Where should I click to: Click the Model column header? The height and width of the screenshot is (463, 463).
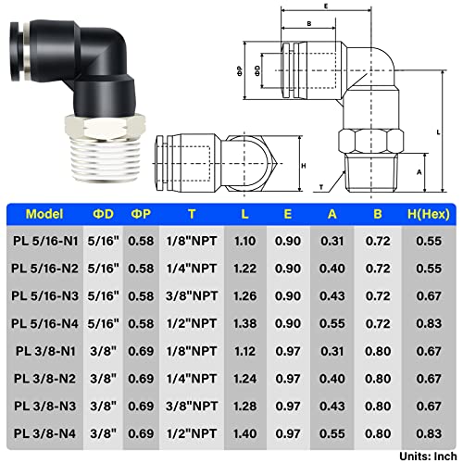pyautogui.click(x=44, y=214)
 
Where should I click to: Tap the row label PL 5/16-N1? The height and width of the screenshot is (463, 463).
pyautogui.click(x=44, y=239)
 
